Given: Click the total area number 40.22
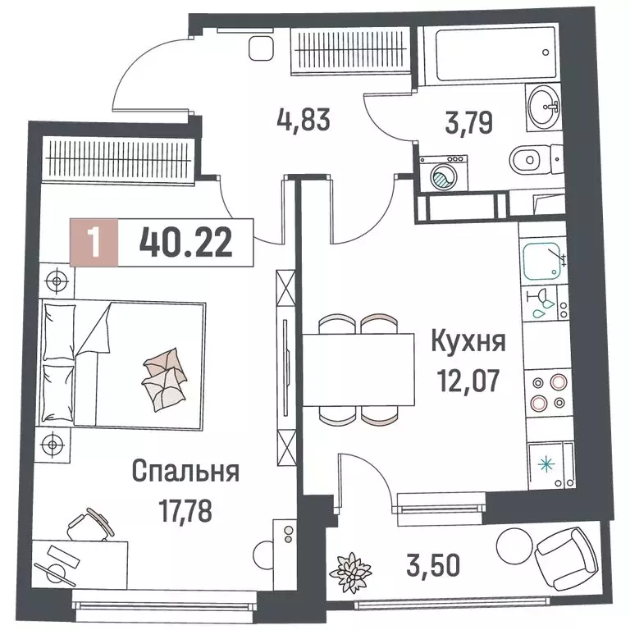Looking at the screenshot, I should click(185, 243).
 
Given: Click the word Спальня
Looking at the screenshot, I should click(185, 472).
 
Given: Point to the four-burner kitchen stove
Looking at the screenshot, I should click(548, 391).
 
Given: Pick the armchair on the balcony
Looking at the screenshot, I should click(564, 558).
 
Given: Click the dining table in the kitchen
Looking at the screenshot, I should click(359, 369).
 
